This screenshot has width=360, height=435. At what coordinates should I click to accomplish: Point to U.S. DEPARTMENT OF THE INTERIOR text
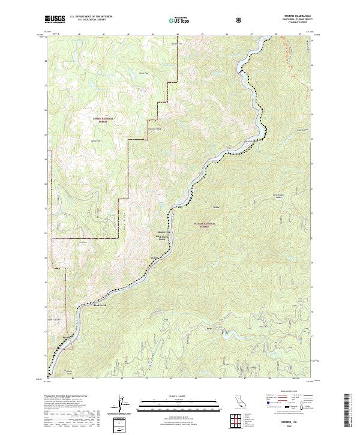(x=91, y=17)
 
